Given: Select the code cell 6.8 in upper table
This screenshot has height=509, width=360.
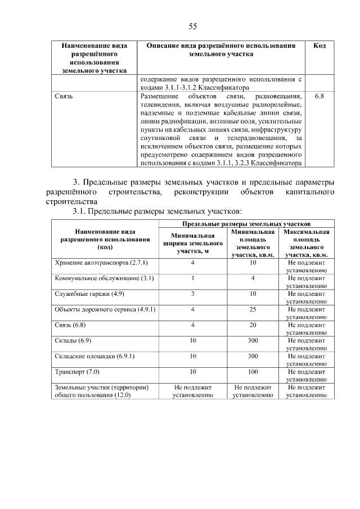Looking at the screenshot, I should [319, 97].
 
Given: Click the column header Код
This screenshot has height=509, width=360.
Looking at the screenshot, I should [319, 46].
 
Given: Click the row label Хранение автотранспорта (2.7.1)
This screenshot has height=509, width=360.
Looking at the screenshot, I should [102, 263].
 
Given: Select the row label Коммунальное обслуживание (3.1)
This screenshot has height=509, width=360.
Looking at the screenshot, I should [105, 278].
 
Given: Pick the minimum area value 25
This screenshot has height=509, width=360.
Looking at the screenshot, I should [253, 309].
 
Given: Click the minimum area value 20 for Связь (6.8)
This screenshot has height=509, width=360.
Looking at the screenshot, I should [253, 325].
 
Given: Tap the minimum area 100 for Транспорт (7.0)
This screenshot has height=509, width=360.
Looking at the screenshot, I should [253, 372].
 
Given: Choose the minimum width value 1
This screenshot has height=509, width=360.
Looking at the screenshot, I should [192, 278].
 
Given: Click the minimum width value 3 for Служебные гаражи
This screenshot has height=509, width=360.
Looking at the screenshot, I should [192, 294].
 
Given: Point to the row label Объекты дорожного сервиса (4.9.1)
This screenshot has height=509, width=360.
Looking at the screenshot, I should [105, 309].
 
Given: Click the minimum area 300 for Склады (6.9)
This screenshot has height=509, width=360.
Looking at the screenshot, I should [253, 341].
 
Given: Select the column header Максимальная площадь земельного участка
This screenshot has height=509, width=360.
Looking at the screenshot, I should [307, 243].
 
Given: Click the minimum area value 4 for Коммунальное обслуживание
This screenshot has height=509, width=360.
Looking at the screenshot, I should [253, 278].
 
